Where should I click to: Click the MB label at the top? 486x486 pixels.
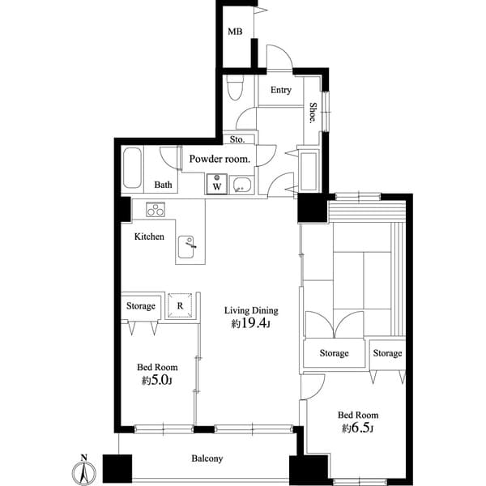coord(235,32)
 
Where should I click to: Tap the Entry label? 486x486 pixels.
coord(281,90)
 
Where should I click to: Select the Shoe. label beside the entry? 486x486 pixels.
coord(313,112)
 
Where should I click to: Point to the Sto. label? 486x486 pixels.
coord(227,139)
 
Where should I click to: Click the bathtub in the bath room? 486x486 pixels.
coord(134,168)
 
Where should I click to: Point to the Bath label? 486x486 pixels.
coord(164,185)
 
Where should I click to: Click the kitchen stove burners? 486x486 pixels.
coord(156,210)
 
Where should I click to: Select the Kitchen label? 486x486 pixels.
coord(149,237)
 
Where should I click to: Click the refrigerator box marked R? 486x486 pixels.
coord(179,305)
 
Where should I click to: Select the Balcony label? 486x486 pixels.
coord(207,458)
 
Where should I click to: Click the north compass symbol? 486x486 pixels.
coord(83,470)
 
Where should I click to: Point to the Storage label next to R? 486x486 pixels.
coord(140,306)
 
